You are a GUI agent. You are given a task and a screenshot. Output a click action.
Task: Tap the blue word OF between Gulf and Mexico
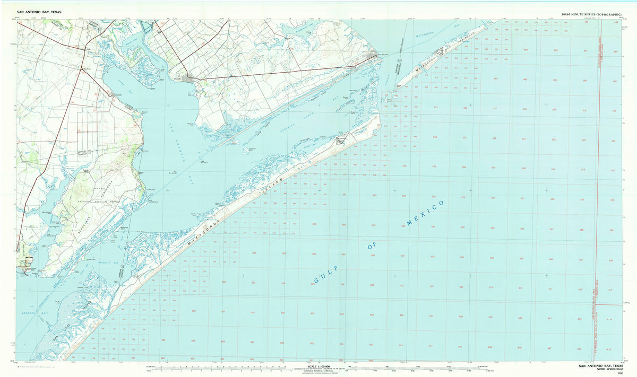click(x=375, y=244)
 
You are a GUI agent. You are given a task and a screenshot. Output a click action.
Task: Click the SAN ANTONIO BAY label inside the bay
click(x=178, y=148)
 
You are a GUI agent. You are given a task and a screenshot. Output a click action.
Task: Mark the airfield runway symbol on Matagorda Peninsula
click(x=440, y=51)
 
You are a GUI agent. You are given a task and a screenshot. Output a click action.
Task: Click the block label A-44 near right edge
click(x=608, y=320)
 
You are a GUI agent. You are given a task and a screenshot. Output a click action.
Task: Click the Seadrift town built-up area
click(x=187, y=80)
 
